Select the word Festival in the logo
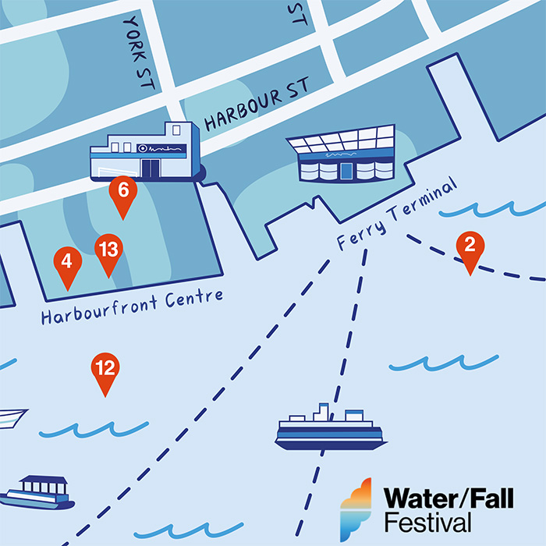tap(427, 520)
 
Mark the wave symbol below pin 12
tap(94, 427)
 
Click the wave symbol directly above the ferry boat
tap(443, 363)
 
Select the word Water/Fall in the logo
tap(448, 497)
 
